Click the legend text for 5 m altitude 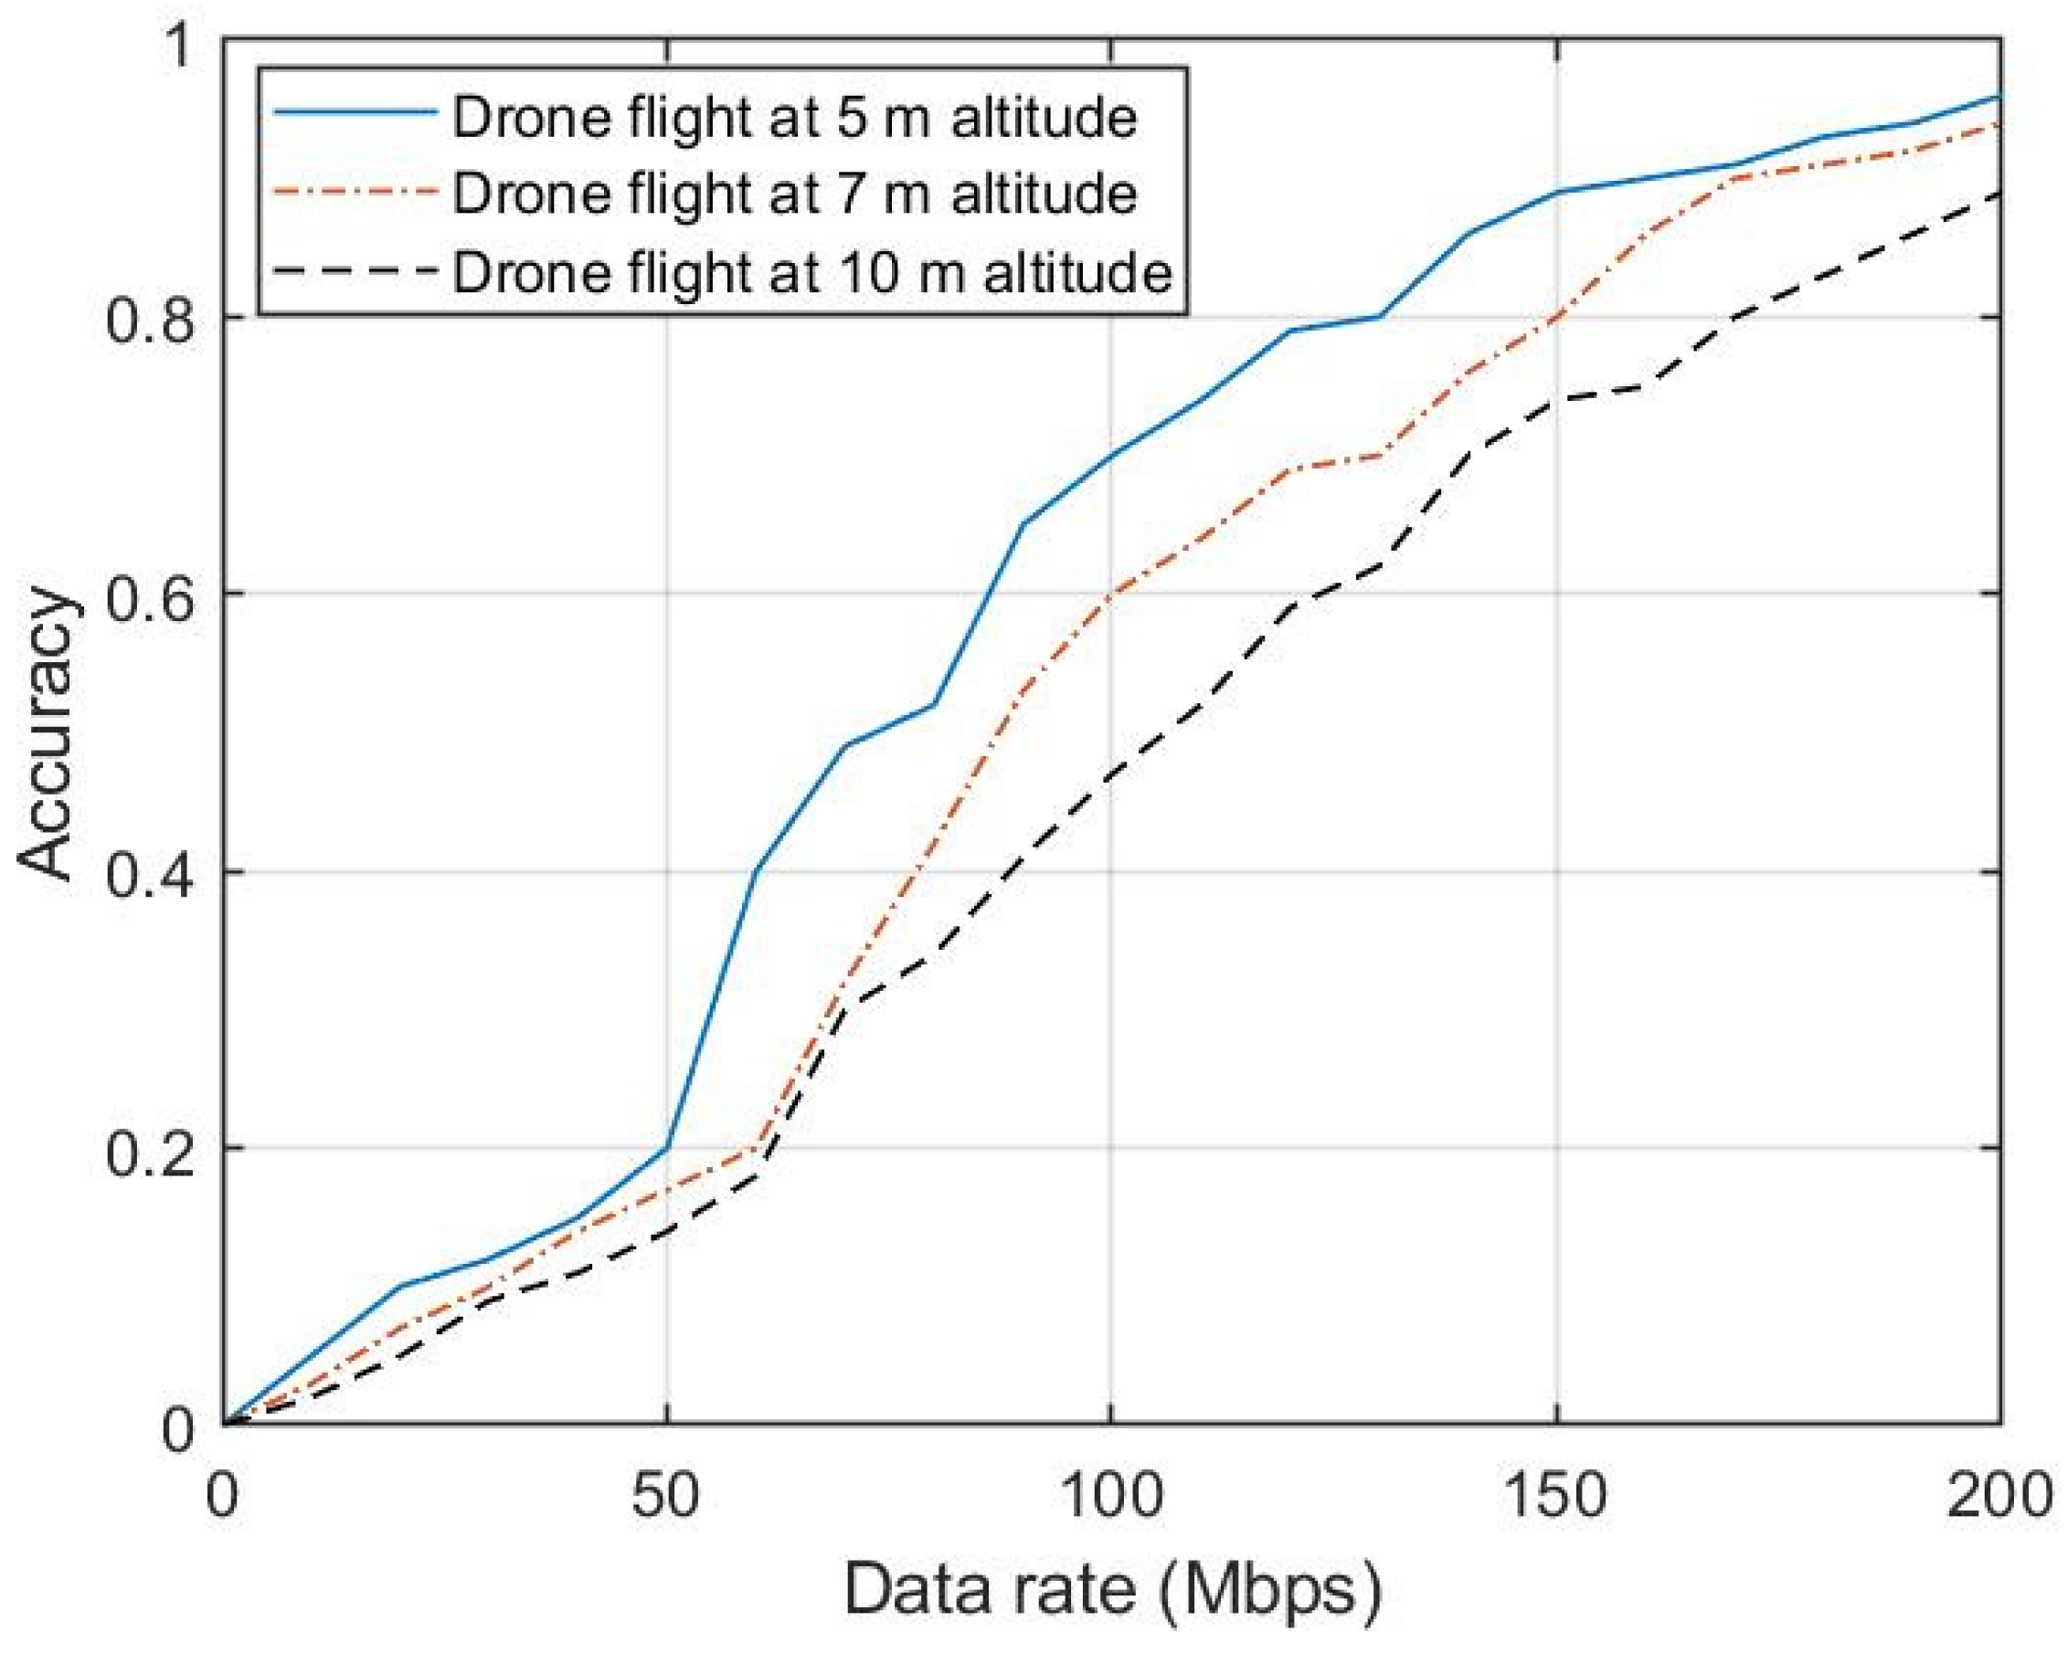point(794,118)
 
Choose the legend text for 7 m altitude point(794,194)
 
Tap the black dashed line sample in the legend point(355,271)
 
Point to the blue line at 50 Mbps point(666,1148)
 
